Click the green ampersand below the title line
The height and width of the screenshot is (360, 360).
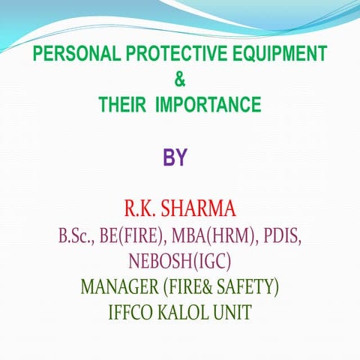pos(179,79)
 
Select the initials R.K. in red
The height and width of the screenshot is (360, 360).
pos(139,208)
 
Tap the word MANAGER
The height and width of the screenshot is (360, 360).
pos(118,286)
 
